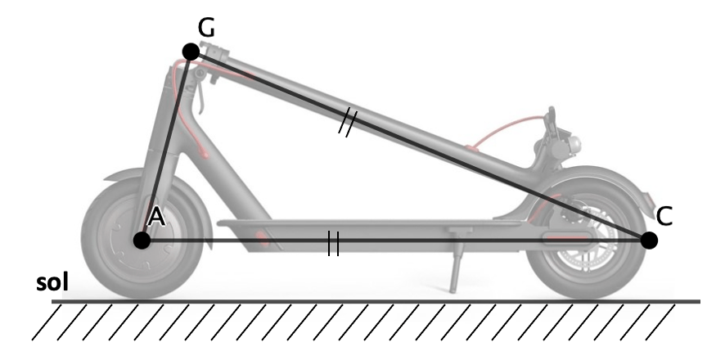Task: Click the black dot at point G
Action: click(x=191, y=52)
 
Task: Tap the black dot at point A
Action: click(x=142, y=241)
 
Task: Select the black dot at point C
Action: click(x=649, y=241)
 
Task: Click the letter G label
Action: click(x=206, y=28)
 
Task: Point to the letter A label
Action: click(x=155, y=217)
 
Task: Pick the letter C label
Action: click(x=664, y=216)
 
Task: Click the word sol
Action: click(x=52, y=282)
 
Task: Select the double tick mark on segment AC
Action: click(x=333, y=244)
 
